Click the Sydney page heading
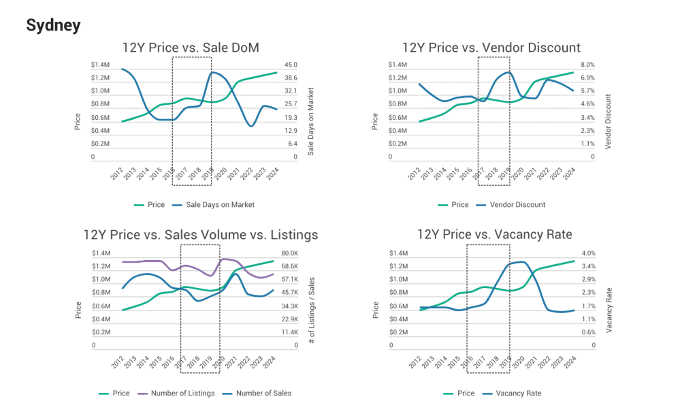[x=53, y=26]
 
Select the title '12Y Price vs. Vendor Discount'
[x=491, y=47]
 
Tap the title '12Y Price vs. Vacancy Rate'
[x=494, y=235]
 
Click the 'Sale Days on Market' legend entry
[x=215, y=204]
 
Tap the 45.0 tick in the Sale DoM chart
[x=291, y=65]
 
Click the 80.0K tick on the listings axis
[x=290, y=253]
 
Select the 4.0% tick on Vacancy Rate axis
[x=589, y=253]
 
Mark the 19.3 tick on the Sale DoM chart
[x=291, y=118]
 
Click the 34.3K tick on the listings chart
[x=290, y=306]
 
